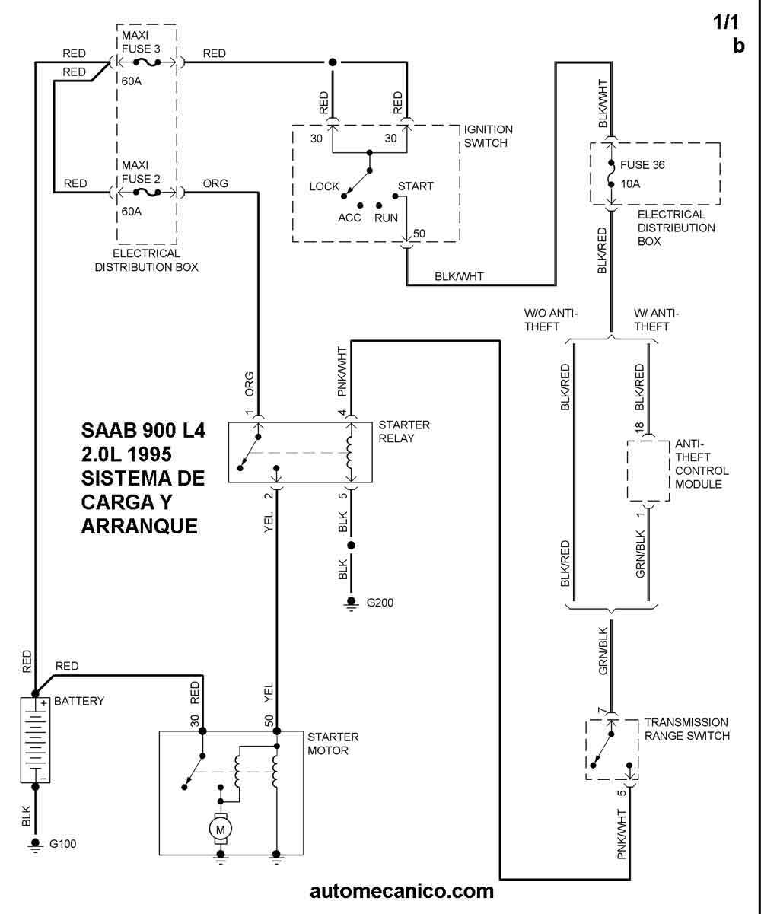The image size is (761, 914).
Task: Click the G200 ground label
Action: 380,603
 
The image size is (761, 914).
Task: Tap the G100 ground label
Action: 62,844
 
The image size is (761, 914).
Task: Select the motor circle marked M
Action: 221,826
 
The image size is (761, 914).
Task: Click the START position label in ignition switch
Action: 416,186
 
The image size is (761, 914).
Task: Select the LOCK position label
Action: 324,186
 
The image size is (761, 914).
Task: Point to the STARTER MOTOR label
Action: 333,744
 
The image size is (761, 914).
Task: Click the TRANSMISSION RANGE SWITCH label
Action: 686,728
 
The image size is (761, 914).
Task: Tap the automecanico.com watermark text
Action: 402,890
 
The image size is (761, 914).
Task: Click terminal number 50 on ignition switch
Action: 418,232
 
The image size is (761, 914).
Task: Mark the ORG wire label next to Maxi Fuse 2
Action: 215,183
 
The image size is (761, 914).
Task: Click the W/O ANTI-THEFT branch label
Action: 552,320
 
